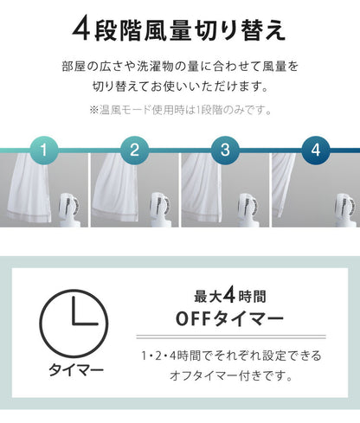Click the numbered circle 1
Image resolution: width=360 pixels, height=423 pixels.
pos(44,150)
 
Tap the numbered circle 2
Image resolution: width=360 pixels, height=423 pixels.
pos(134,150)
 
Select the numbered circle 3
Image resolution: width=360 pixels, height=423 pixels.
pos(225,150)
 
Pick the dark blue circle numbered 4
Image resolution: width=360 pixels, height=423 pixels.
pos(316,150)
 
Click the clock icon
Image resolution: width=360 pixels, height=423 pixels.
pos(74,324)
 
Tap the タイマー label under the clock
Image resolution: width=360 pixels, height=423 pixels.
pos(76,369)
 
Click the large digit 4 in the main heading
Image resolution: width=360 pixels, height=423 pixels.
pos(81,29)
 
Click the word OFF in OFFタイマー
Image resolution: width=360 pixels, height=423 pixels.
pos(194,319)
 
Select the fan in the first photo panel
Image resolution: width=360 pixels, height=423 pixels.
pos(70,209)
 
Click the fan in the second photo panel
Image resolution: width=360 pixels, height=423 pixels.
pos(160,209)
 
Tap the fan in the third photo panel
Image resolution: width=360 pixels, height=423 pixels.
pos(250,209)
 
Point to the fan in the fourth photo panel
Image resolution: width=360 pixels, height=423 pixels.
pos(347,209)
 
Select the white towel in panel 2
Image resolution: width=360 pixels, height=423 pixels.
pos(116,188)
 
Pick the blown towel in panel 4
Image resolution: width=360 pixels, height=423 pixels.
pos(283,184)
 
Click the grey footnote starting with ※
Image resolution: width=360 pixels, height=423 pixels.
pos(180,110)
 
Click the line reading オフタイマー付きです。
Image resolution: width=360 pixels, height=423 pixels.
pos(231,375)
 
